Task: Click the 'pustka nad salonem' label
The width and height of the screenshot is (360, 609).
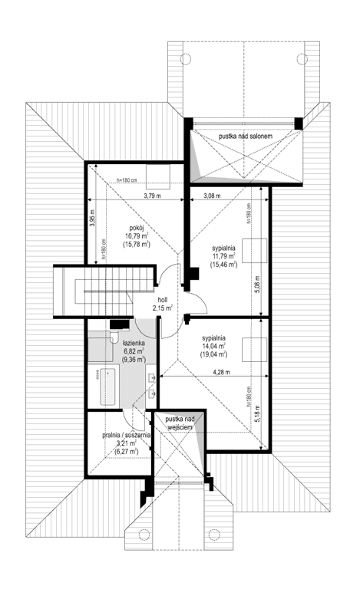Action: pyautogui.click(x=246, y=135)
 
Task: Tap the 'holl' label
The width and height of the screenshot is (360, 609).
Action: pyautogui.click(x=162, y=301)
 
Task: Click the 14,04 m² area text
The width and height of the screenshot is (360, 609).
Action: pyautogui.click(x=214, y=346)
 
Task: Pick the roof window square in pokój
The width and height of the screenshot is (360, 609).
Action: pyautogui.click(x=159, y=175)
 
